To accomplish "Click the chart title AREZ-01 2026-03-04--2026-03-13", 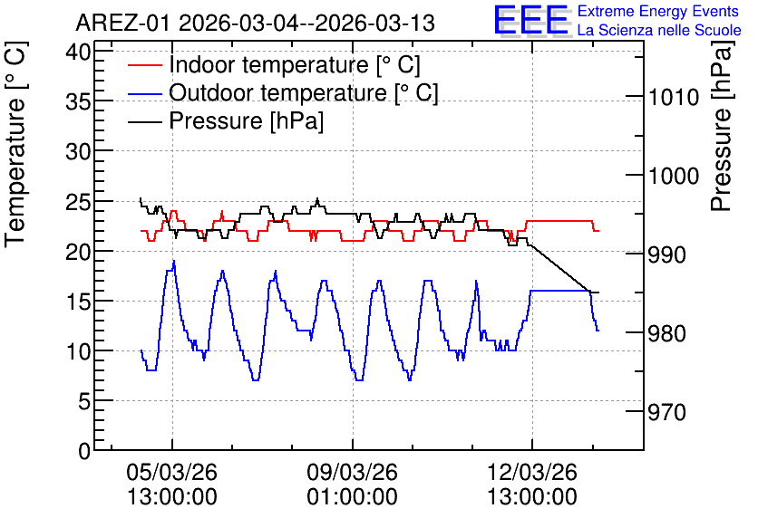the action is [x=256, y=24].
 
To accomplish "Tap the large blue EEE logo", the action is [x=531, y=20].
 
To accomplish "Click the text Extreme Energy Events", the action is [x=658, y=11].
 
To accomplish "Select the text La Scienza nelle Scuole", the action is [x=659, y=31].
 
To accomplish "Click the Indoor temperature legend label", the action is [x=295, y=64].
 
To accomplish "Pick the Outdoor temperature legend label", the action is [x=304, y=92].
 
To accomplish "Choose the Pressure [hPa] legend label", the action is [x=246, y=120].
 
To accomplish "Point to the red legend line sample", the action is [x=145, y=64].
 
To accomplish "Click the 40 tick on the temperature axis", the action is [x=79, y=52].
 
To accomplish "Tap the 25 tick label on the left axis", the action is [x=79, y=201].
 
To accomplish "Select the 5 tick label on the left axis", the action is [x=85, y=400].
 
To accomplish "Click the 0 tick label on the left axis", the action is [x=85, y=451].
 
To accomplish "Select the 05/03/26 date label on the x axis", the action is [x=172, y=472].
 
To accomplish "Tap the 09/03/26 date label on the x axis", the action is [x=353, y=472].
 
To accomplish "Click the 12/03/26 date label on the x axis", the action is [x=532, y=472].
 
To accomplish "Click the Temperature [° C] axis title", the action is [x=15, y=145].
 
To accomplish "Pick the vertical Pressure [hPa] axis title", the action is [x=722, y=126].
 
